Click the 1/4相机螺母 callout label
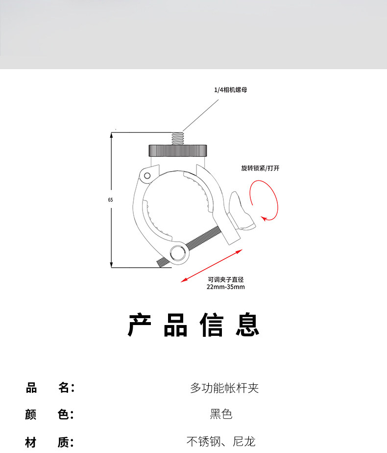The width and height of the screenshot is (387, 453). click(x=227, y=90)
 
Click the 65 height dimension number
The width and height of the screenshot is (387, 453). click(x=111, y=200)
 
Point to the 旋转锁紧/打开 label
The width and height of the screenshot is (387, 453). click(x=260, y=168)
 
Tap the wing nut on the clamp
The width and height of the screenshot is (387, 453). click(x=241, y=211)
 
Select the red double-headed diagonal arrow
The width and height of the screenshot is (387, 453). click(x=212, y=265)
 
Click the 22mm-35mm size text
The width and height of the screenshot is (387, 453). click(x=225, y=287)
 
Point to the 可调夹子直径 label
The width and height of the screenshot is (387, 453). click(x=225, y=279)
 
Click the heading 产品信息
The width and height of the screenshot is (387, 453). click(x=193, y=325)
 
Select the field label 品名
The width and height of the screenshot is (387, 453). click(x=49, y=388)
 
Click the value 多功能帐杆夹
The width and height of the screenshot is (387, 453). click(x=224, y=388)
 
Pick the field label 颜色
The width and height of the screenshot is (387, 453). click(x=49, y=414)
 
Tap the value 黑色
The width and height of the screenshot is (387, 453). click(x=221, y=414)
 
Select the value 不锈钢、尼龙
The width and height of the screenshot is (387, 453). click(x=220, y=442)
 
